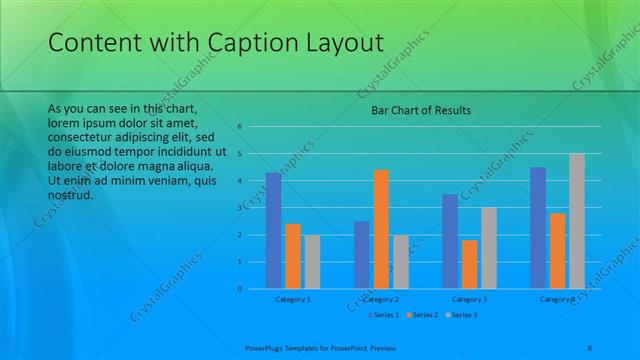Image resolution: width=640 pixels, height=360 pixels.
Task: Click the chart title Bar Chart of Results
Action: pos(414,110)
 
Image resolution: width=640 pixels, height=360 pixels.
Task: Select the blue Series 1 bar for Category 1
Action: pos(273,230)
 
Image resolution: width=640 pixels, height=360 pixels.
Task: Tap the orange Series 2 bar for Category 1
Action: pos(293,256)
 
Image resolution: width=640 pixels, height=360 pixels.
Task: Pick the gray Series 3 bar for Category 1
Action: pos(312,262)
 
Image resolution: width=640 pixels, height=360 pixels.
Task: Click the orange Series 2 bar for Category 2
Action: pos(381,229)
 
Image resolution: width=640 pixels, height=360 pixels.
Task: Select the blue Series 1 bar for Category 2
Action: pos(361,255)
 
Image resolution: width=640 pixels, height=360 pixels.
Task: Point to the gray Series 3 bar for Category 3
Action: pos(489,248)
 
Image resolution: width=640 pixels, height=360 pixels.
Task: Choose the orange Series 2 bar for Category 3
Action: pos(469,264)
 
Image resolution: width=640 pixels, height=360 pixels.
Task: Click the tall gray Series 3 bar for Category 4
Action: pos(577,221)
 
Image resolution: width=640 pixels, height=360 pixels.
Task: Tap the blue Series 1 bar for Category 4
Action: pos(538,228)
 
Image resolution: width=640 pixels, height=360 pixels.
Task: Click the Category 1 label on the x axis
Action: pos(293,299)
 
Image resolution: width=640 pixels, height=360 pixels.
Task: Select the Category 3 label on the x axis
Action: pos(469,299)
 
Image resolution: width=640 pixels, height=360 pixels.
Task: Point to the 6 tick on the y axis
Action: pos(241,127)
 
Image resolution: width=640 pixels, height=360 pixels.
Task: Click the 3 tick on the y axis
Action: pos(241,208)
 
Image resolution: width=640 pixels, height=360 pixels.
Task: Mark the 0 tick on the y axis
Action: pos(241,289)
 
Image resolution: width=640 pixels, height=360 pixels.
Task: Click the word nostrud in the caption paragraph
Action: pos(70,195)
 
